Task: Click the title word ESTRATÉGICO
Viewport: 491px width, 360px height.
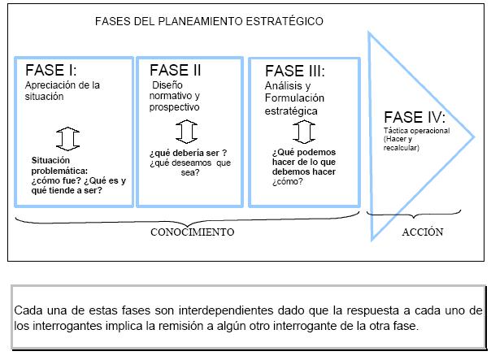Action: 285,21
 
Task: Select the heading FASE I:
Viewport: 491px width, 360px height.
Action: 50,70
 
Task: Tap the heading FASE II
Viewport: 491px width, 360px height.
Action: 175,70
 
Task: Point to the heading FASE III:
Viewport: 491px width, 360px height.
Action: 294,71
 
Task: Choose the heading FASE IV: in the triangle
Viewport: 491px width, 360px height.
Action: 415,117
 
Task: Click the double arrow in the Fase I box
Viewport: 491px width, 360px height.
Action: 67,139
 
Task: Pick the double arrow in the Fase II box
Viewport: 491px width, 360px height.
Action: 187,132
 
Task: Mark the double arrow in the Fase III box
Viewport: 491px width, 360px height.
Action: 304,132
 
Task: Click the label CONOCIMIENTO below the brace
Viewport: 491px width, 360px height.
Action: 193,232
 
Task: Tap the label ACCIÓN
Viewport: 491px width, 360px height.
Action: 423,232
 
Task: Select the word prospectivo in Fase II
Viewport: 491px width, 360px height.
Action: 174,107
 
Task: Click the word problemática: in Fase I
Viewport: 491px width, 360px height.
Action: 59,171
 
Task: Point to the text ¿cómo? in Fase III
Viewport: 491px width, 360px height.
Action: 288,181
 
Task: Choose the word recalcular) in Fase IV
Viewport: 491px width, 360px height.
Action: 401,148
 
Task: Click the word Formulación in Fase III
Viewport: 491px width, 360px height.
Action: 294,98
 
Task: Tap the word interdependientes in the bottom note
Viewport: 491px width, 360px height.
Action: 226,310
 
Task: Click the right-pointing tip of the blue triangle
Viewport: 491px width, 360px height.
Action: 474,137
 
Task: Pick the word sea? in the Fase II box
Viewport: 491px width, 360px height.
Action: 190,172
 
